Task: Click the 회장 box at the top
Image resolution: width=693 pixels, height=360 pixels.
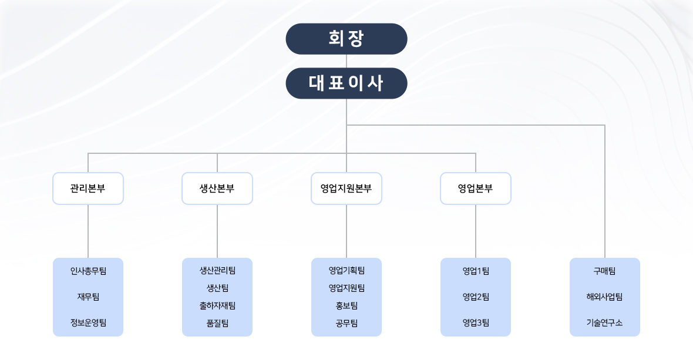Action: pyautogui.click(x=346, y=39)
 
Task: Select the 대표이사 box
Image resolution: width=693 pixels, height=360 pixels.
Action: pyautogui.click(x=346, y=83)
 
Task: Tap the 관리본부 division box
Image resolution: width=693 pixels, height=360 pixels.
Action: pyautogui.click(x=88, y=189)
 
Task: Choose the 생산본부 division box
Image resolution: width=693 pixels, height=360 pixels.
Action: pyautogui.click(x=217, y=189)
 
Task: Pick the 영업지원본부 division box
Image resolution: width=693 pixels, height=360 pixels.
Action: pyautogui.click(x=346, y=189)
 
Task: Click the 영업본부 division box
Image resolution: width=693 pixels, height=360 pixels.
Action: pyautogui.click(x=476, y=189)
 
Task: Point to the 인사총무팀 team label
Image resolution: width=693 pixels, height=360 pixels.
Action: pyautogui.click(x=88, y=271)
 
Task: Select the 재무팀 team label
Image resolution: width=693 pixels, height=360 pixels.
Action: pyautogui.click(x=88, y=297)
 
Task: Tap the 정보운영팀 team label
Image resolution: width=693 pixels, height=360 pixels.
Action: pyautogui.click(x=88, y=322)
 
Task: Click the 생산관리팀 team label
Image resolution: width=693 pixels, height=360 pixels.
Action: pyautogui.click(x=217, y=271)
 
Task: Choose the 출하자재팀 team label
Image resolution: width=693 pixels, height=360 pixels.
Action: pyautogui.click(x=217, y=305)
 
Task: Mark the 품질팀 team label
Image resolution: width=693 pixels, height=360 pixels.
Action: pyautogui.click(x=217, y=322)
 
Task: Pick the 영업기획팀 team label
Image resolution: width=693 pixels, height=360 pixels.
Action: pyautogui.click(x=346, y=271)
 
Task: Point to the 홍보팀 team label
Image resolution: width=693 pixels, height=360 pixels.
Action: pyautogui.click(x=346, y=305)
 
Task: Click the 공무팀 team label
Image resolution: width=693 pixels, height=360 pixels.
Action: pyautogui.click(x=346, y=322)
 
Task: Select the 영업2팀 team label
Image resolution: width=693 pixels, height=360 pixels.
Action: pyautogui.click(x=476, y=297)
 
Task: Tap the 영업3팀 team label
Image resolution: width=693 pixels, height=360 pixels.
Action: pyautogui.click(x=476, y=322)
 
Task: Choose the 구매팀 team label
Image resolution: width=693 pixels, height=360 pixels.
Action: pyautogui.click(x=605, y=271)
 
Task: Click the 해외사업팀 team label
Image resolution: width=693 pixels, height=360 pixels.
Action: pyautogui.click(x=605, y=297)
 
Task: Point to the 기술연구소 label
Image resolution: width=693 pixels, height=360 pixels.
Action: pyautogui.click(x=605, y=322)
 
